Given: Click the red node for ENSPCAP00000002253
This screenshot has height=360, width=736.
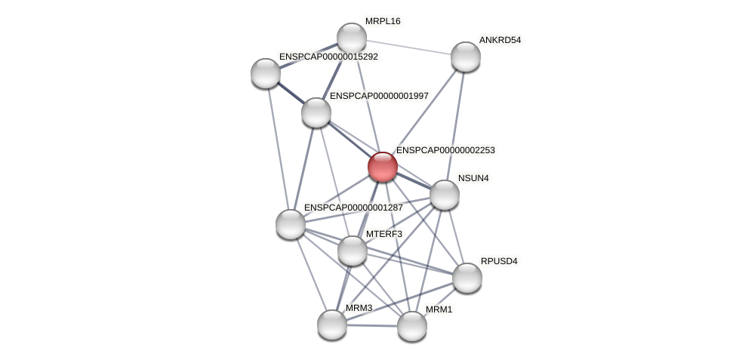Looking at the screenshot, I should pyautogui.click(x=383, y=167).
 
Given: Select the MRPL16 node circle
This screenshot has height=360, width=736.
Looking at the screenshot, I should pyautogui.click(x=352, y=38).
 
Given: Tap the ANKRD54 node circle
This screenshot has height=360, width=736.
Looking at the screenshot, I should pyautogui.click(x=466, y=57).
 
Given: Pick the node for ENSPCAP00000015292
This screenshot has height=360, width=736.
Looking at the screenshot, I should pyautogui.click(x=266, y=72).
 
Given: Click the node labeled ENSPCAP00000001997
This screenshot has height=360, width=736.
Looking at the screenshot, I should pyautogui.click(x=316, y=112).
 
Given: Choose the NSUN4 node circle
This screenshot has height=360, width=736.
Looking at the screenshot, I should pyautogui.click(x=445, y=195).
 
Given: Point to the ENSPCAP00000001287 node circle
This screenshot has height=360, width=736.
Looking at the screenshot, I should pyautogui.click(x=291, y=223).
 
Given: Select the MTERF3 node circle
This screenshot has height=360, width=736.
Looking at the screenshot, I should pyautogui.click(x=353, y=251).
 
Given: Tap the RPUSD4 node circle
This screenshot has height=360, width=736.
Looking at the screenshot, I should pyautogui.click(x=467, y=277).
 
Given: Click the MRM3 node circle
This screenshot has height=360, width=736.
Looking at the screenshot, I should pyautogui.click(x=332, y=325).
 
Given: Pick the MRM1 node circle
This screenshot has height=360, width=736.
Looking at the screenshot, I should pyautogui.click(x=412, y=326).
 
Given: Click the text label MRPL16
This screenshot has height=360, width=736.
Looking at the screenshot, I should pyautogui.click(x=383, y=21).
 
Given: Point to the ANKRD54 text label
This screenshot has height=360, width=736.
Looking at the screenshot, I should pyautogui.click(x=500, y=40).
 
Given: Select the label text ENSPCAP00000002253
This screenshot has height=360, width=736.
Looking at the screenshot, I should pyautogui.click(x=445, y=150).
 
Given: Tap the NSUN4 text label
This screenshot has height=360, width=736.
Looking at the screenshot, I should pyautogui.click(x=473, y=178).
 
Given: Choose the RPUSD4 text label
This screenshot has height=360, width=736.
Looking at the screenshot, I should pyautogui.click(x=499, y=261).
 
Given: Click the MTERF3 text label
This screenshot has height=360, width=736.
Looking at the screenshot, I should pyautogui.click(x=383, y=234).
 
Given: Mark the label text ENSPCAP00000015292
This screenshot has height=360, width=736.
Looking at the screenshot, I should pyautogui.click(x=328, y=57).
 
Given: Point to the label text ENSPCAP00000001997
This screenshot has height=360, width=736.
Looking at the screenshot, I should pyautogui.click(x=379, y=96).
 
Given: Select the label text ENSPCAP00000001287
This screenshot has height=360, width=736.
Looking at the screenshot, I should pyautogui.click(x=353, y=208).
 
